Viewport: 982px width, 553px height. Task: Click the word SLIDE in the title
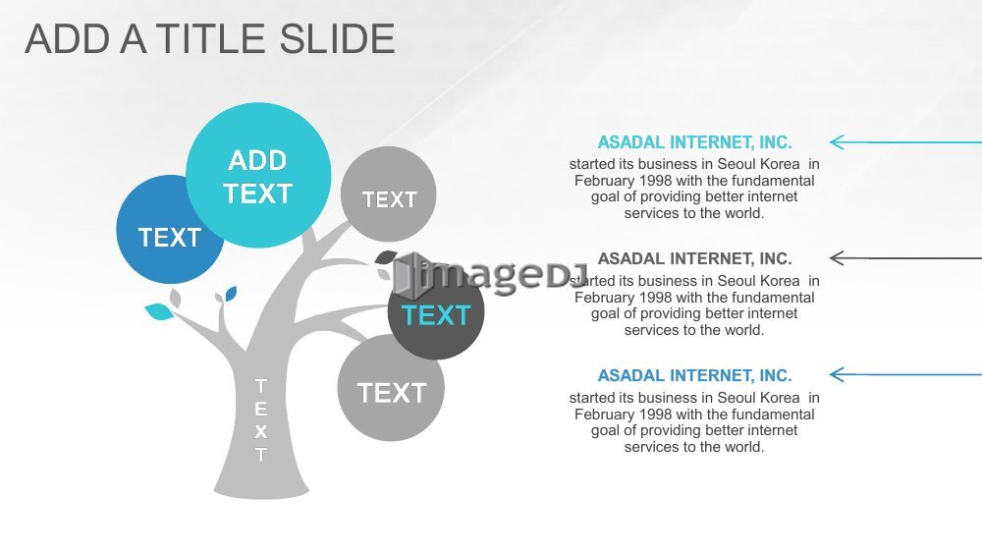click(336, 39)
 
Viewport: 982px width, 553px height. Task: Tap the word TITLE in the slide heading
click(211, 39)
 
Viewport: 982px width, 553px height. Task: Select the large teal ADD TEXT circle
click(258, 176)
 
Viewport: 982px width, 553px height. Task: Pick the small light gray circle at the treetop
click(388, 194)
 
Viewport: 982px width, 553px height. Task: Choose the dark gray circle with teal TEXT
click(436, 313)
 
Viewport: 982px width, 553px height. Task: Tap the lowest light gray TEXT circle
click(391, 388)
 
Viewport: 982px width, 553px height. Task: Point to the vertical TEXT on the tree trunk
click(261, 420)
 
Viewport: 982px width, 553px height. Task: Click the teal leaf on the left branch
click(160, 311)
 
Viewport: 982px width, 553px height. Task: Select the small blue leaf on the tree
click(231, 293)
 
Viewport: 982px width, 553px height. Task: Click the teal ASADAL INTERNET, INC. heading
click(694, 142)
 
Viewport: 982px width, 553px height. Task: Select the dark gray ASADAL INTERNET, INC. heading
click(694, 258)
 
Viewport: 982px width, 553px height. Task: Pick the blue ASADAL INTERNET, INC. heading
click(694, 376)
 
